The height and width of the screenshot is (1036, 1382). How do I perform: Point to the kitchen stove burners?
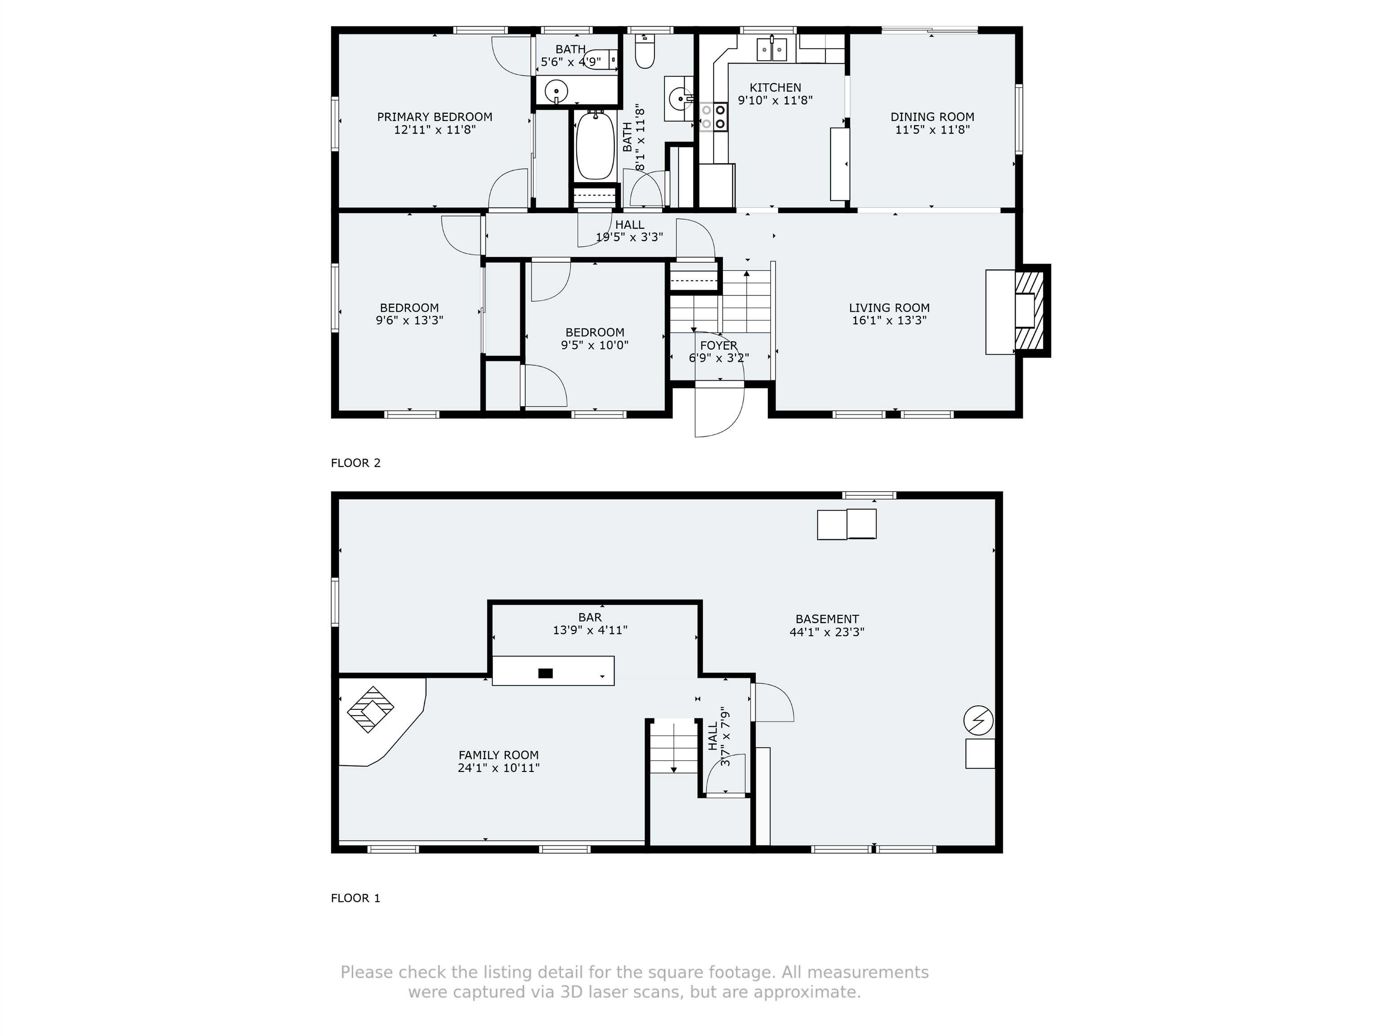point(713,117)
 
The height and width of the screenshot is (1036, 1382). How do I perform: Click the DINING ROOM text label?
point(932,117)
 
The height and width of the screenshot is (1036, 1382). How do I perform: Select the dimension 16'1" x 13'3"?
point(888,321)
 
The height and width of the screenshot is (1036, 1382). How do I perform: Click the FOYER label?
point(718,345)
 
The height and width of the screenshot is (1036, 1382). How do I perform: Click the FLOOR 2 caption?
point(355,463)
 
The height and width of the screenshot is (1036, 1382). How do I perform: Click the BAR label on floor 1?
point(589,617)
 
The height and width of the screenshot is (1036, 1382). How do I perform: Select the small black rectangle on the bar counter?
point(545,673)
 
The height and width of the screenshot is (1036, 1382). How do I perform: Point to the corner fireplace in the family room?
point(371,710)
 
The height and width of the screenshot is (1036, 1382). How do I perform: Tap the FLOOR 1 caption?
point(355,898)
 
